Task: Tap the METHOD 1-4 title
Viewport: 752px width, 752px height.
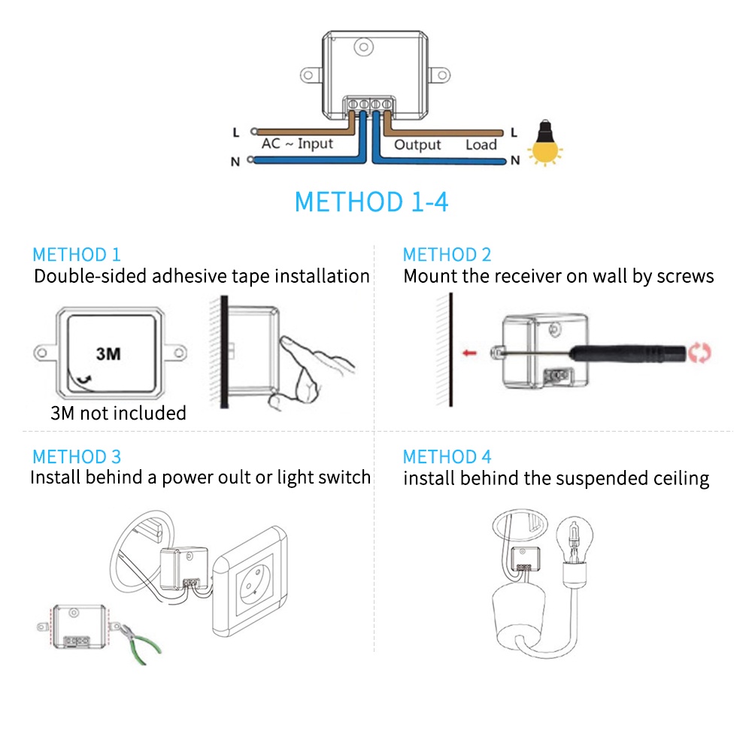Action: [371, 202]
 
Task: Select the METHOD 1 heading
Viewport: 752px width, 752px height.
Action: [76, 255]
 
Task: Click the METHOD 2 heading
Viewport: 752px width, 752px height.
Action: [447, 255]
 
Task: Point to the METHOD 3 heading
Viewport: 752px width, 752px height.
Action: [76, 456]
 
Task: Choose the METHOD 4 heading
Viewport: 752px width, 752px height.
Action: [447, 456]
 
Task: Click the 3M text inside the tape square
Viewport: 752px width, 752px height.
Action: [108, 354]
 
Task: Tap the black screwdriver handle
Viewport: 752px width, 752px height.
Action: [628, 353]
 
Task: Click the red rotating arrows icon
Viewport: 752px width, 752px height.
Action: [699, 353]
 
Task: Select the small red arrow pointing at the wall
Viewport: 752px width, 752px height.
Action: [469, 353]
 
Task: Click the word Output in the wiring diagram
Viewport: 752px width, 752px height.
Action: [417, 145]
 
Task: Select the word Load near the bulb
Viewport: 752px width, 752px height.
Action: [481, 145]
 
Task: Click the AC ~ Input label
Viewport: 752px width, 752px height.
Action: [297, 144]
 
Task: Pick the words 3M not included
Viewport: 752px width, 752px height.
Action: [119, 413]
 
